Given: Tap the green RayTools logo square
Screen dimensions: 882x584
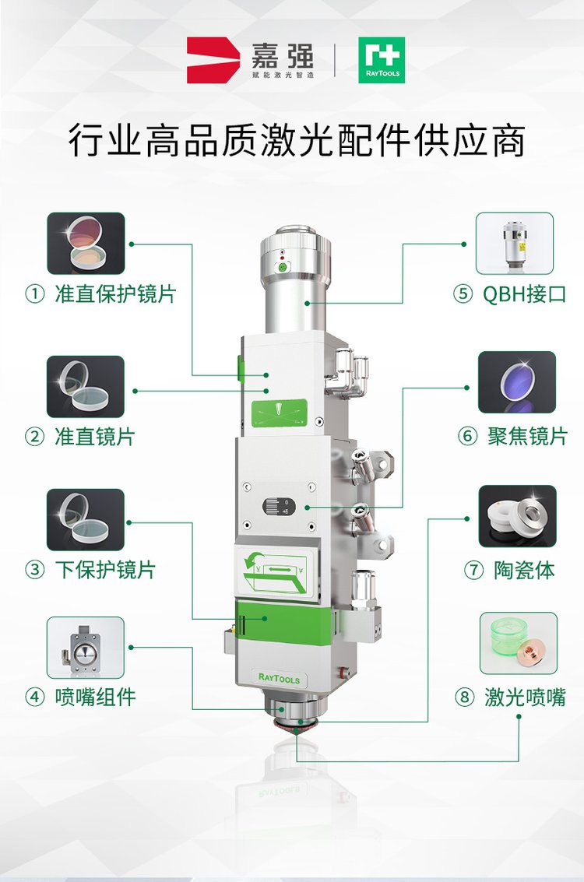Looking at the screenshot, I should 381,60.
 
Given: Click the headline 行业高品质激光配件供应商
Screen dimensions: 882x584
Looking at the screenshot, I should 296,142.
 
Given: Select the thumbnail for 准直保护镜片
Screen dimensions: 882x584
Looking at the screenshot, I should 86,243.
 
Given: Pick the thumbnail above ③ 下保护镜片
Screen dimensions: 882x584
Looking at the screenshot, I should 86,519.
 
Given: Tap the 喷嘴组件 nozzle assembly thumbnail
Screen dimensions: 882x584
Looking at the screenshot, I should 86,647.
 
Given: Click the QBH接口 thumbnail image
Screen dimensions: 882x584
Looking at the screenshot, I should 515,243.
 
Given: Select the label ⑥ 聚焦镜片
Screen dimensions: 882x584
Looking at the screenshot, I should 513,437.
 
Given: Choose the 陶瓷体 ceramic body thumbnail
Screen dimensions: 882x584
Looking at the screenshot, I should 517,516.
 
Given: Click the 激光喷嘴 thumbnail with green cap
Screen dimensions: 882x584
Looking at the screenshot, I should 518,643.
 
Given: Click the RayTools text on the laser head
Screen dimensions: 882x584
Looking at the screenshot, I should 278,677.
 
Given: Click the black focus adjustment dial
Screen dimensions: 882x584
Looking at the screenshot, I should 276,508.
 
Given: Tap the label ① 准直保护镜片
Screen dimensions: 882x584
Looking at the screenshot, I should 101,295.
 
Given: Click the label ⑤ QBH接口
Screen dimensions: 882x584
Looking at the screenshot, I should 510,295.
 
